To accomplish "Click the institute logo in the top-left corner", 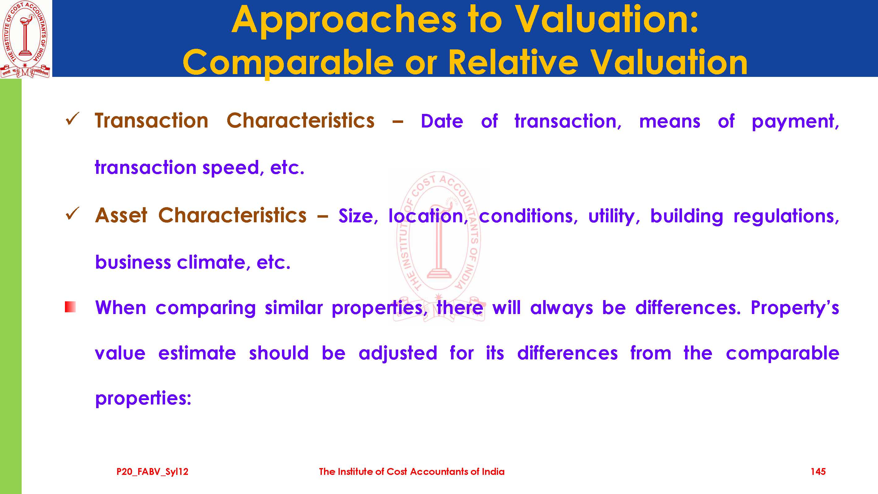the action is click(26, 39).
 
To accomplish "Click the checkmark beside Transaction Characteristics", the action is click(72, 119).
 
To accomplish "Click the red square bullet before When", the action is click(70, 307).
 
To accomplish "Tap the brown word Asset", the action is click(121, 216).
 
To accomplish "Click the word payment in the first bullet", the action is click(795, 122).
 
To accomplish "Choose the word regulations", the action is click(786, 216).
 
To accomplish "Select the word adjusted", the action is click(398, 354).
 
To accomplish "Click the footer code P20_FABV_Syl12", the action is click(152, 472).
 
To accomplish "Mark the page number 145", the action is click(818, 471).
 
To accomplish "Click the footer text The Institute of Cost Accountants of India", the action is click(412, 471).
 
